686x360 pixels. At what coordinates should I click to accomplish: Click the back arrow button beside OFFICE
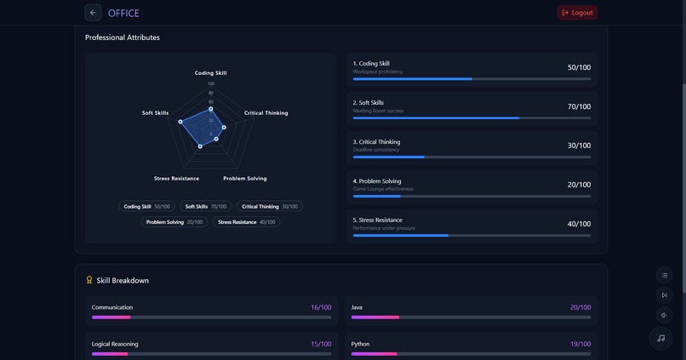93,13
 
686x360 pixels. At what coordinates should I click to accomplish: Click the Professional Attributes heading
122,37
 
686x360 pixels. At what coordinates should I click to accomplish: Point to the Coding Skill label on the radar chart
210,73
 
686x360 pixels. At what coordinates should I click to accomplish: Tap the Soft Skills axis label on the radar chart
155,113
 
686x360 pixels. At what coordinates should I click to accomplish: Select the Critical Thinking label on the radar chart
266,113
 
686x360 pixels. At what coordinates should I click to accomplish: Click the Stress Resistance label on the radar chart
176,179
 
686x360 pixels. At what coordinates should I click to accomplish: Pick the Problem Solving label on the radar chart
244,179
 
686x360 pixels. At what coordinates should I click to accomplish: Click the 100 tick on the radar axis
210,83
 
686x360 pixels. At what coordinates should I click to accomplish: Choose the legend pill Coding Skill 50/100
146,207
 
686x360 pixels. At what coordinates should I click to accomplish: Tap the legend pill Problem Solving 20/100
174,222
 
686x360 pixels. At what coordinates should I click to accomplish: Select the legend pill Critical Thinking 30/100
269,207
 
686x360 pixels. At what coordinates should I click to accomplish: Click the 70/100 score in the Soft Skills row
579,107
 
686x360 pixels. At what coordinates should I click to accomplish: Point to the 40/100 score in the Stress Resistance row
579,225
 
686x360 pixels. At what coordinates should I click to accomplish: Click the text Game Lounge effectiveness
383,189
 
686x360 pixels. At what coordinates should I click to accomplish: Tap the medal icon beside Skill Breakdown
89,280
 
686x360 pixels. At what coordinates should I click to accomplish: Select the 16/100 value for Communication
321,307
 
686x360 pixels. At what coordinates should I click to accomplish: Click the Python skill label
360,344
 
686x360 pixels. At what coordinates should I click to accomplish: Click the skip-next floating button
664,295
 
